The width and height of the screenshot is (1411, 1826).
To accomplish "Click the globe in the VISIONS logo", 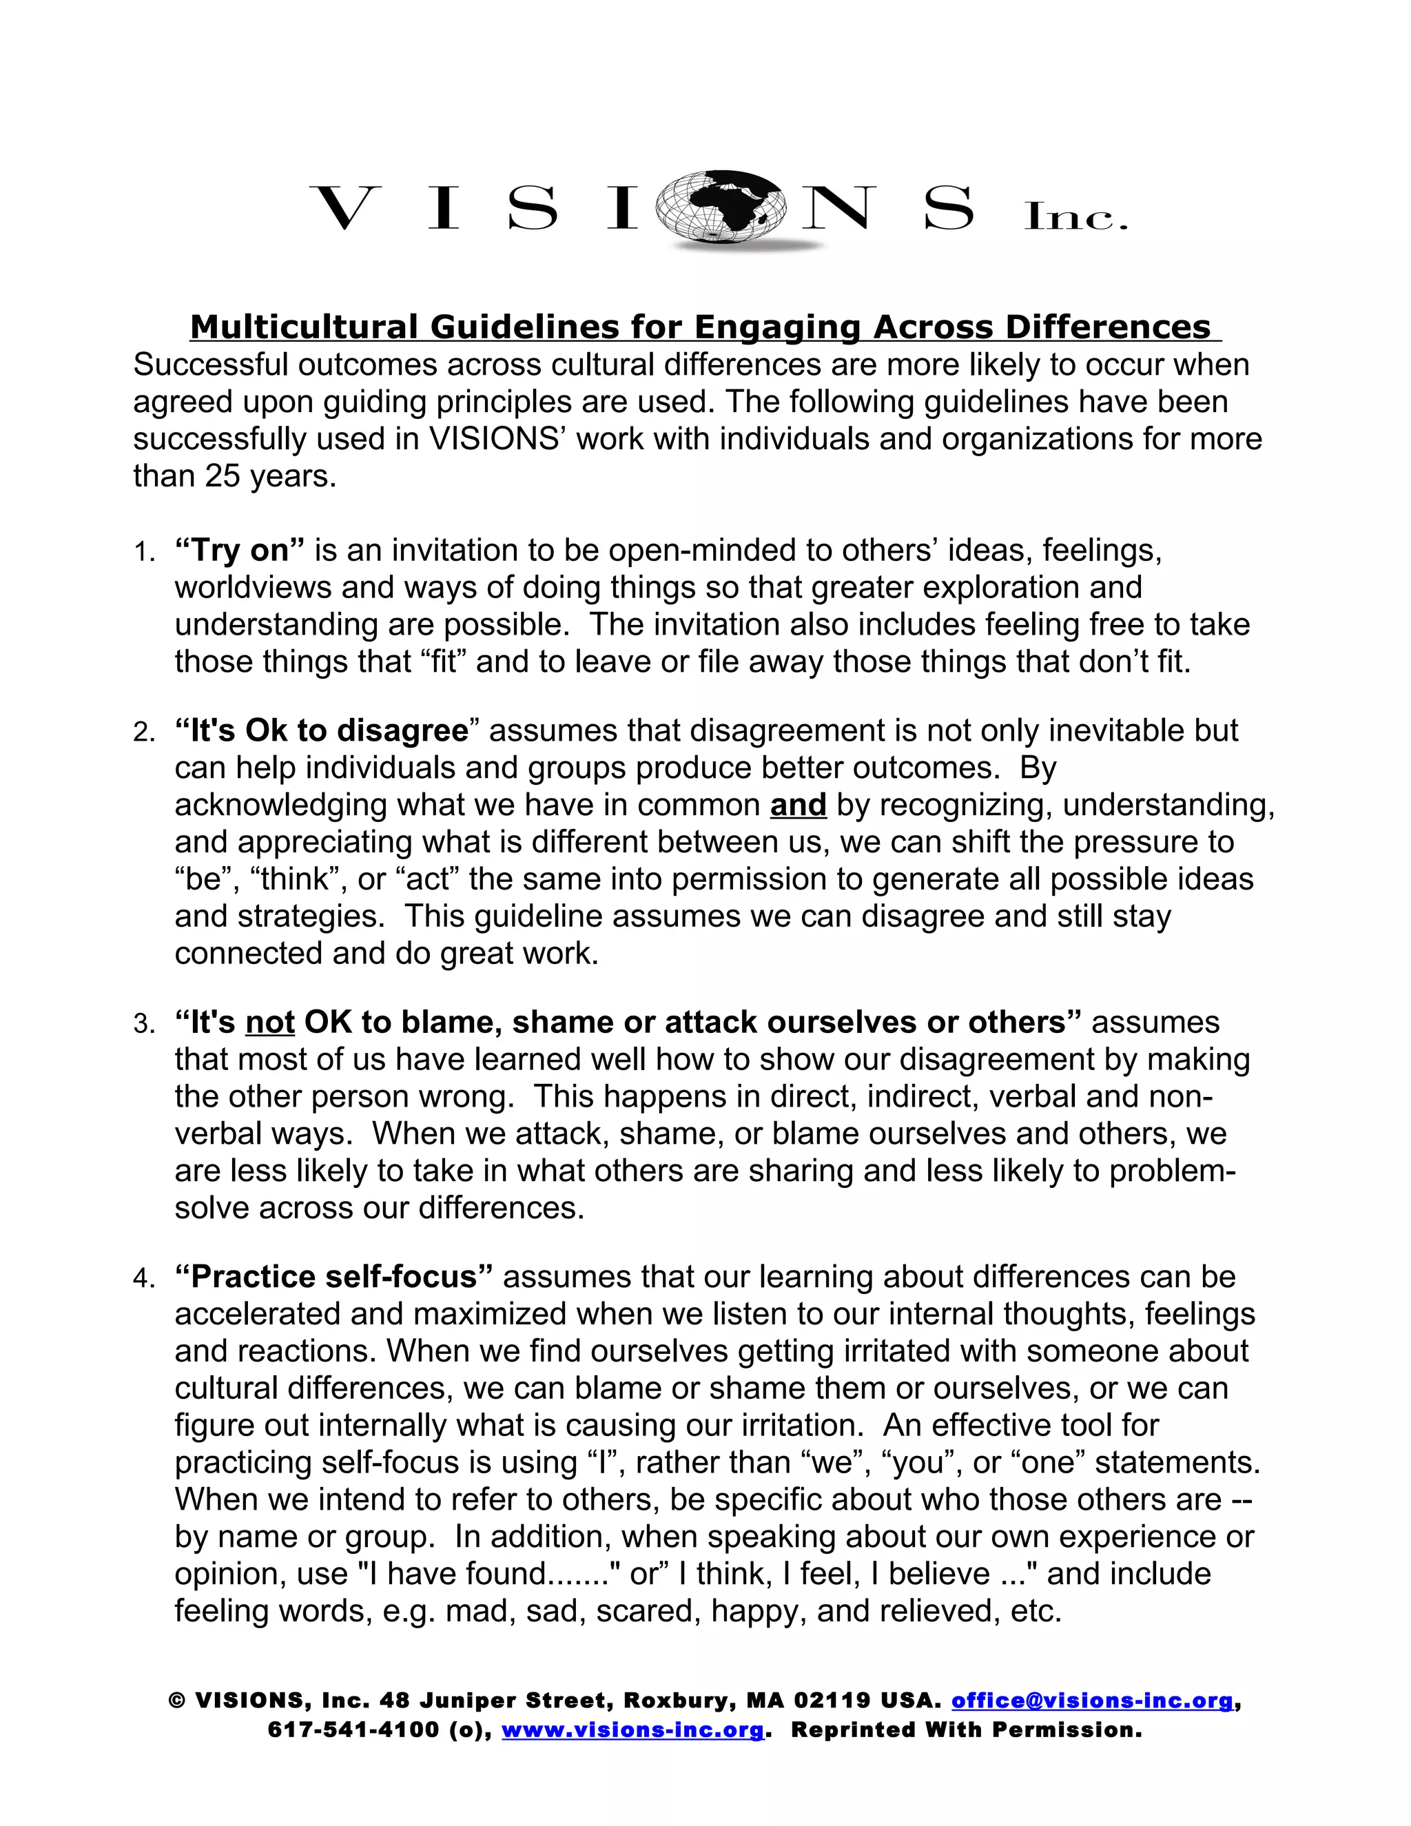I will [x=720, y=207].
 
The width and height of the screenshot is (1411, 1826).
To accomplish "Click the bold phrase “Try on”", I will [x=240, y=551].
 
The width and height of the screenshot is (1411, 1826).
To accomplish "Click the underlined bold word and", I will [x=799, y=805].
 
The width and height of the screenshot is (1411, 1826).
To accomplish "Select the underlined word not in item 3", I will [x=270, y=1023].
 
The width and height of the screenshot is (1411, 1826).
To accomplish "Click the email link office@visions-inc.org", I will [x=1092, y=1701].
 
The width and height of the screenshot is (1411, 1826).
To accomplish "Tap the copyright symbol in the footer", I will [x=176, y=1701].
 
